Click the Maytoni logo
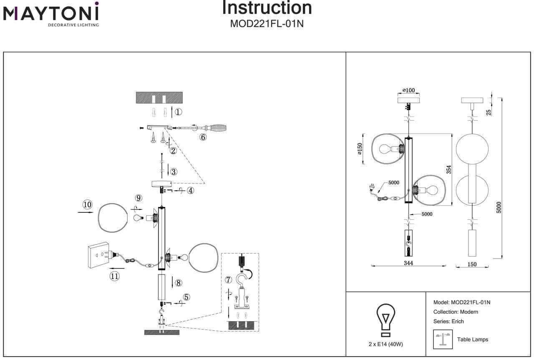(51, 14)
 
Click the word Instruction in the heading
(267, 8)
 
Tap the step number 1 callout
(178, 112)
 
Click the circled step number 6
(203, 137)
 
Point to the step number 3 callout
(174, 171)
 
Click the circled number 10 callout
(87, 205)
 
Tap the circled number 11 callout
(114, 276)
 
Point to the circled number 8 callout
(179, 282)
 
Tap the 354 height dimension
(449, 169)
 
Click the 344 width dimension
(408, 264)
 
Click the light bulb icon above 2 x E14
(386, 320)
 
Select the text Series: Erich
(448, 321)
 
